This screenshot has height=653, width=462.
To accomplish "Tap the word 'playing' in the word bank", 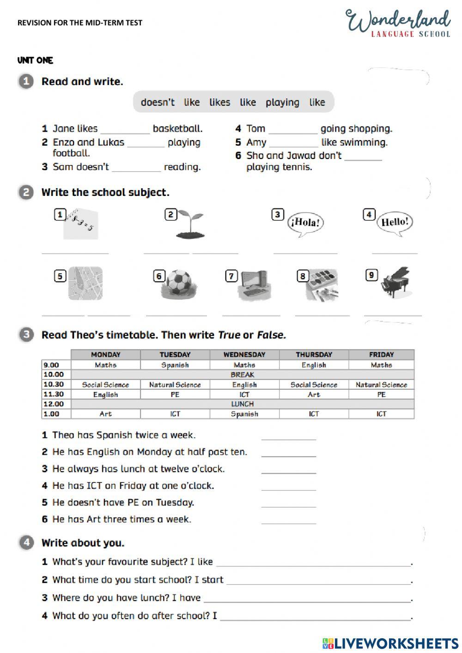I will pos(282,102).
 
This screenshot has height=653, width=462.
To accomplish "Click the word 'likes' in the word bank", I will pos(219,102).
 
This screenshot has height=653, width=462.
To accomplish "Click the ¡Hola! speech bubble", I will pos(305,223).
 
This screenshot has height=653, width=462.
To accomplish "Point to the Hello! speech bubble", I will pos(395,222).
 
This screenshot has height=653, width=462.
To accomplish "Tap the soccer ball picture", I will pos(178,283).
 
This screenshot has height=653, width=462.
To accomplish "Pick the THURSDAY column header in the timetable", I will pos(314,354).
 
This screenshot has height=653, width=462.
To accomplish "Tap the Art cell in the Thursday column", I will pos(314,395).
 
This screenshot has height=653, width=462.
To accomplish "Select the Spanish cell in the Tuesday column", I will pos(175,365).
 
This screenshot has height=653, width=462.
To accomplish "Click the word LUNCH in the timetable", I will pos(243,404).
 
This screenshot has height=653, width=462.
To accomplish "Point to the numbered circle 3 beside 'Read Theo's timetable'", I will pos(26,335).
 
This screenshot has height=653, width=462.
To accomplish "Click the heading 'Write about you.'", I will pos(83,543).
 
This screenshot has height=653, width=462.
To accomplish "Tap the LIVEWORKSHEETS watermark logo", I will pos(390,643).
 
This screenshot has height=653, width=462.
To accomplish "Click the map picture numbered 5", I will pos(85,283).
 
